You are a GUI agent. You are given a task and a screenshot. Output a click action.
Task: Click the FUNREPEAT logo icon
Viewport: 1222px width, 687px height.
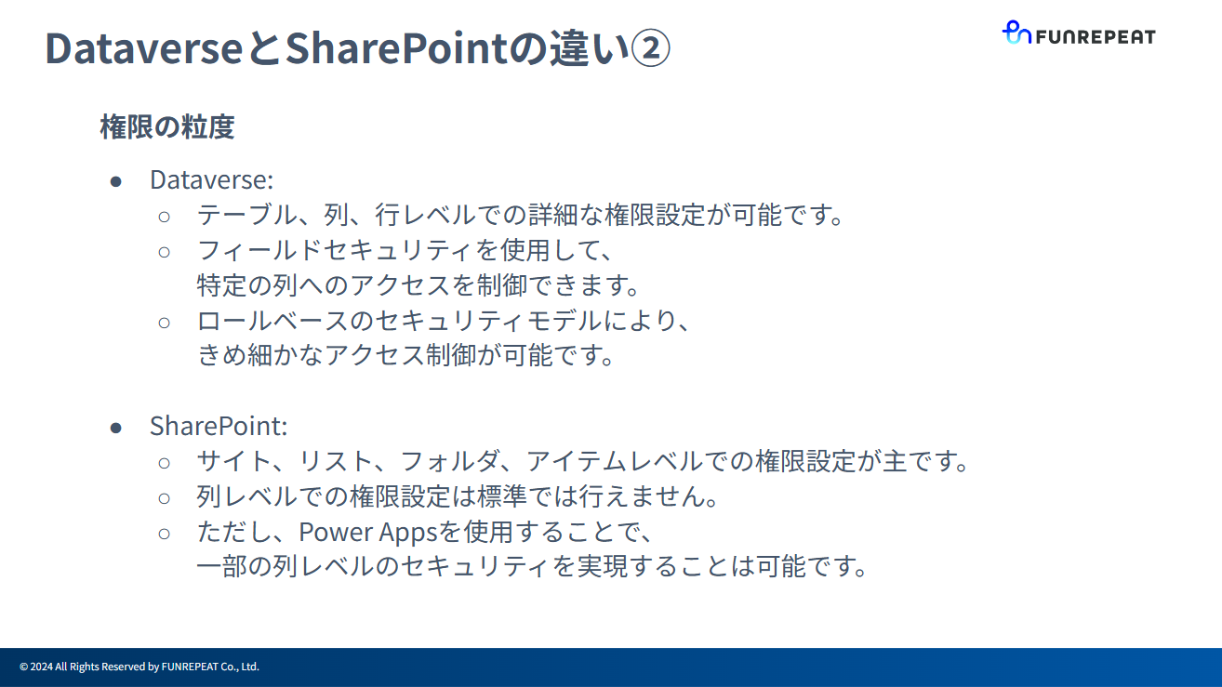pyautogui.click(x=1016, y=33)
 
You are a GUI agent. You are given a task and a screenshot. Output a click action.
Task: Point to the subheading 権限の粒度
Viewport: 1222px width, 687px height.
pyautogui.click(x=166, y=126)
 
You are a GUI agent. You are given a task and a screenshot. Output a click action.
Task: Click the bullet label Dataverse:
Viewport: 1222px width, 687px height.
pyautogui.click(x=211, y=179)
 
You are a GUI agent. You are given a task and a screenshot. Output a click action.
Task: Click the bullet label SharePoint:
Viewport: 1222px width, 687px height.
pyautogui.click(x=219, y=426)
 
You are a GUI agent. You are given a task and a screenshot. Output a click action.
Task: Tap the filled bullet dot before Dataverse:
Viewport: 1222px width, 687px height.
pyautogui.click(x=116, y=180)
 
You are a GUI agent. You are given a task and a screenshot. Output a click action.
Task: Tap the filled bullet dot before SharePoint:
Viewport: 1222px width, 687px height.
pyautogui.click(x=116, y=427)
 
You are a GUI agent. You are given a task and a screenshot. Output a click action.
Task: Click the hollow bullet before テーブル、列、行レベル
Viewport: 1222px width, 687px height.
pyautogui.click(x=165, y=216)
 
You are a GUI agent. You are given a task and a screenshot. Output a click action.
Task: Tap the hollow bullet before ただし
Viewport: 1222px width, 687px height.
pyautogui.click(x=165, y=533)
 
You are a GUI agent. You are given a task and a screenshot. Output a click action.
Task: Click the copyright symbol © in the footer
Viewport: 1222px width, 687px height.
pyautogui.click(x=23, y=667)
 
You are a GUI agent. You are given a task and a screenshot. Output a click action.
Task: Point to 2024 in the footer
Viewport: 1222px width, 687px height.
pyautogui.click(x=41, y=667)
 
